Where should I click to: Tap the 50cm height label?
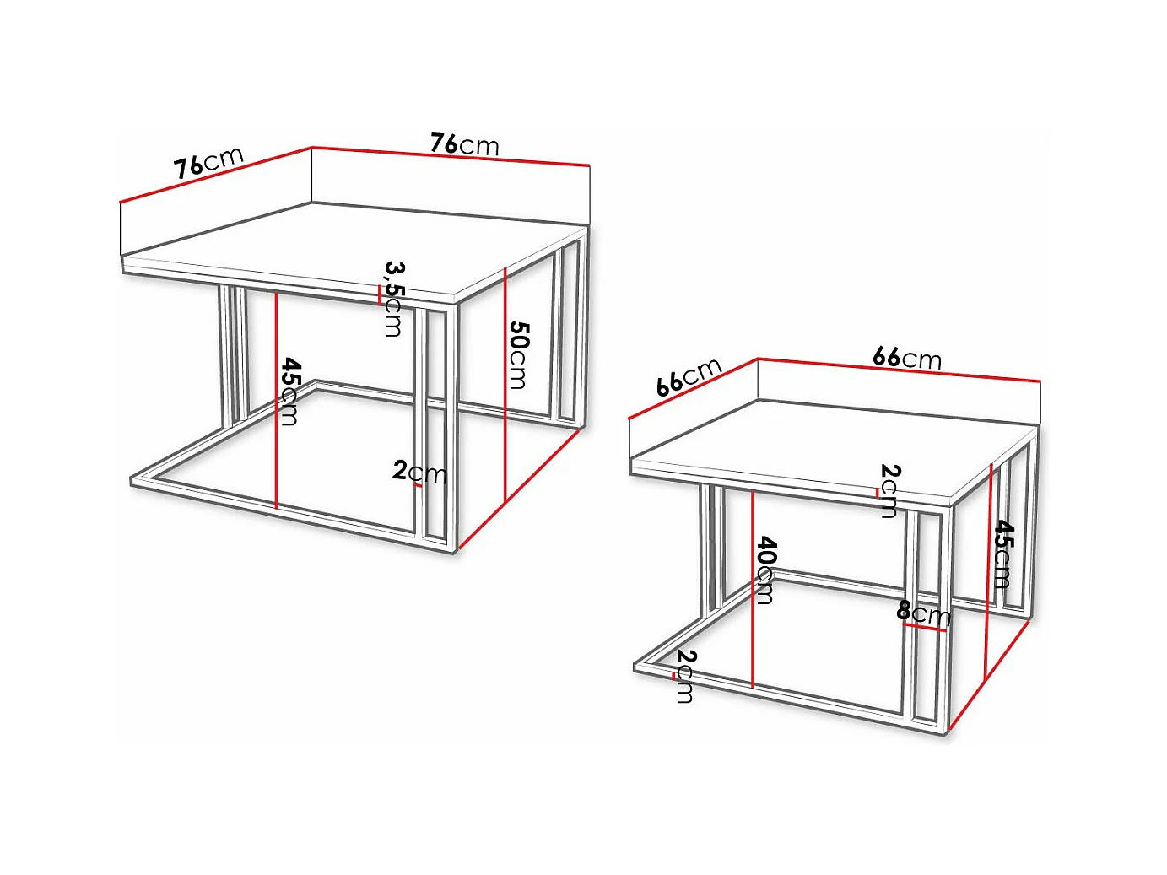[518, 354]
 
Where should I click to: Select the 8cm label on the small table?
[923, 613]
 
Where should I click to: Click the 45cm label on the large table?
[290, 392]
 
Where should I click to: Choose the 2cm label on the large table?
[419, 472]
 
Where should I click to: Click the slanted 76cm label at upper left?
[208, 162]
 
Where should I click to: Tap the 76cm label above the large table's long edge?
[465, 144]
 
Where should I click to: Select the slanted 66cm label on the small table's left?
[689, 377]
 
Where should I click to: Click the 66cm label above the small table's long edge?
[907, 359]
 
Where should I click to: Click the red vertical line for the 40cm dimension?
[753, 590]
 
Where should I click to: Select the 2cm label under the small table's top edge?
[889, 491]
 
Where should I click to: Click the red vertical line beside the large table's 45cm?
[277, 400]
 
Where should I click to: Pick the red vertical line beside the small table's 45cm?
[989, 571]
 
